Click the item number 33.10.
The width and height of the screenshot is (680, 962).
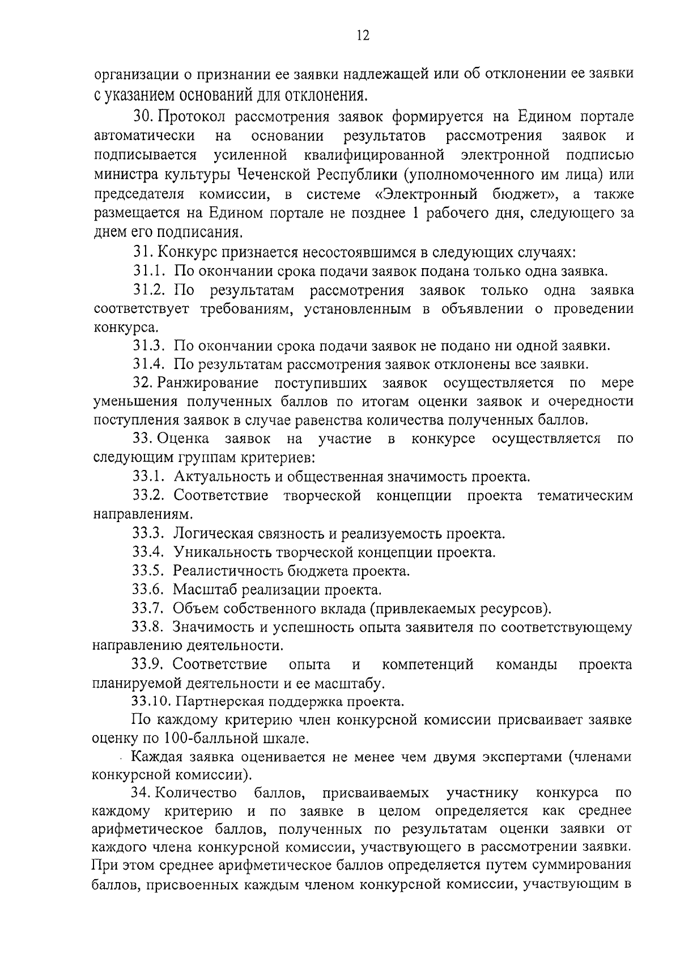tap(152, 702)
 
